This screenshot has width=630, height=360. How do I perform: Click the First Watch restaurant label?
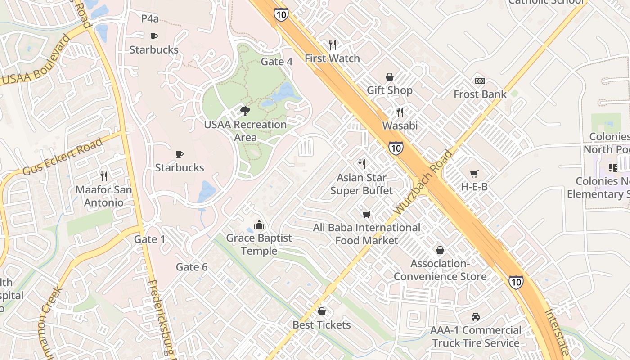tap(332, 58)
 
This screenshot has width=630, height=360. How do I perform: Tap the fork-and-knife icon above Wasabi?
tap(400, 112)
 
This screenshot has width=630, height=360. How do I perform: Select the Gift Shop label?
tap(389, 90)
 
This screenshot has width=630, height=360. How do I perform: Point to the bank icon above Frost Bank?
tap(480, 81)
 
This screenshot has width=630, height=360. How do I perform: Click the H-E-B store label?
tap(474, 187)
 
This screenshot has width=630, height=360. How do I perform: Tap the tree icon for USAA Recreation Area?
tap(245, 111)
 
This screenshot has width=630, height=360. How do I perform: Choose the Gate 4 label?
tap(277, 62)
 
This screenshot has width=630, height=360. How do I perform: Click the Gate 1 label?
tap(149, 239)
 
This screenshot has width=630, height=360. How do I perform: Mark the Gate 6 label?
tap(192, 267)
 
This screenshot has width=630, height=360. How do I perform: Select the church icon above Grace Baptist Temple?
tap(259, 224)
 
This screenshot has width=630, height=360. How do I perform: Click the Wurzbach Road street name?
tap(423, 182)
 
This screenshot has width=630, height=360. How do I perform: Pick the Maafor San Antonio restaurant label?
tap(103, 196)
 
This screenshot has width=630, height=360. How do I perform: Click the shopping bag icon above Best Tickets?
tap(321, 311)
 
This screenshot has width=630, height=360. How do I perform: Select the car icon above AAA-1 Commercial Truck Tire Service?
tap(476, 317)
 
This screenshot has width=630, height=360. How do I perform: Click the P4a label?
tap(150, 18)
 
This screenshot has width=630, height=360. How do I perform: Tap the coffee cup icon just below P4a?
tap(153, 36)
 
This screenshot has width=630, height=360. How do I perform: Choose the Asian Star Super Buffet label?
tap(361, 184)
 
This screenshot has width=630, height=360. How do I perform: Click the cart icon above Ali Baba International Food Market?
tap(367, 215)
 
